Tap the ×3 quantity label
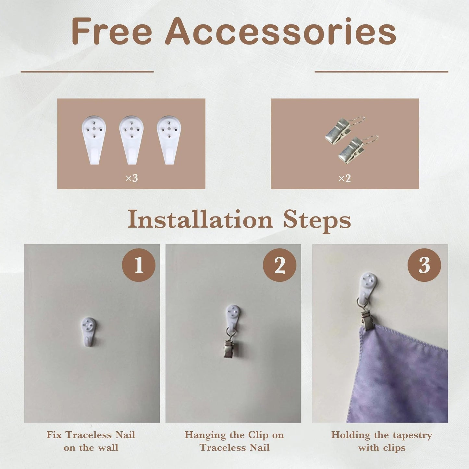pyautogui.click(x=132, y=179)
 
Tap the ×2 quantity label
pyautogui.click(x=345, y=179)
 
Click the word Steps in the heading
pyautogui.click(x=317, y=221)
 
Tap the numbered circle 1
pyautogui.click(x=139, y=265)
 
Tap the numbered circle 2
pyautogui.click(x=280, y=265)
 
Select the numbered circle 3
pyautogui.click(x=424, y=265)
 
